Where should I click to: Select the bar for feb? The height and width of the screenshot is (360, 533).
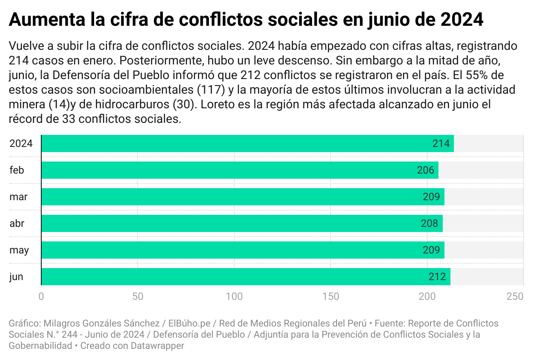pyautogui.click(x=240, y=170)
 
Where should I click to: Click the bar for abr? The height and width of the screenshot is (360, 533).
pyautogui.click(x=242, y=223)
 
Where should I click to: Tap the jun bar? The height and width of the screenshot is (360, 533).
pyautogui.click(x=245, y=277)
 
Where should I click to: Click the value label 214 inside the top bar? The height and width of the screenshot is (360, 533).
pyautogui.click(x=441, y=144)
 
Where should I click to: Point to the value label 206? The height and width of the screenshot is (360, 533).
pyautogui.click(x=426, y=171)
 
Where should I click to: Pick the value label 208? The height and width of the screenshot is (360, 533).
pyautogui.click(x=429, y=224)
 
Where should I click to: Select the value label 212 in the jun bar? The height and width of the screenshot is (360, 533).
pyautogui.click(x=437, y=277)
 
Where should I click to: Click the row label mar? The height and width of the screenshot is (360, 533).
pyautogui.click(x=18, y=197)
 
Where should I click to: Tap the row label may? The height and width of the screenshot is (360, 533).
pyautogui.click(x=19, y=250)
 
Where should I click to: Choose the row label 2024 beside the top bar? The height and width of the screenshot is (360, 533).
pyautogui.click(x=21, y=144)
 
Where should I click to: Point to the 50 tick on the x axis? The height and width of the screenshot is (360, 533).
pyautogui.click(x=138, y=296)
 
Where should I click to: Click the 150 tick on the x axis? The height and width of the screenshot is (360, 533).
pyautogui.click(x=331, y=296)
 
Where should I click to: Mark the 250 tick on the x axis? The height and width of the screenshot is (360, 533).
pyautogui.click(x=515, y=296)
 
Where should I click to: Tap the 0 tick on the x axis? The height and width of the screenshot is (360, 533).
pyautogui.click(x=41, y=296)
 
